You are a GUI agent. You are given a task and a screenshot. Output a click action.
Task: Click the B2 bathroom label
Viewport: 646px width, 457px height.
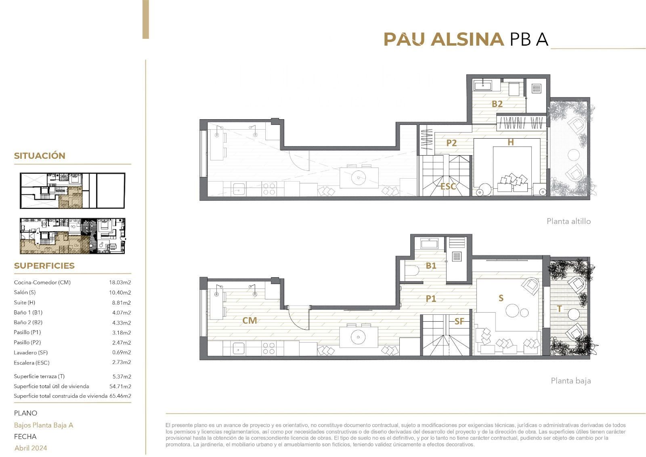(x=497, y=104)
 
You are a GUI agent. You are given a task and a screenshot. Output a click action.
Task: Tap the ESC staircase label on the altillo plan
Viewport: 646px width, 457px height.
(x=448, y=187)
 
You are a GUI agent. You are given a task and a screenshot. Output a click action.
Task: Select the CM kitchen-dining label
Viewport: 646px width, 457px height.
(x=250, y=320)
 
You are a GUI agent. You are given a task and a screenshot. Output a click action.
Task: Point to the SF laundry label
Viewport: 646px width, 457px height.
(x=459, y=321)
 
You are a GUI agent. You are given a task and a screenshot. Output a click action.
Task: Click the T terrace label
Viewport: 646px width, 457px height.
(x=560, y=309)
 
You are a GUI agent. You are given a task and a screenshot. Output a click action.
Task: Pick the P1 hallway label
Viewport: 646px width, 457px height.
(x=431, y=299)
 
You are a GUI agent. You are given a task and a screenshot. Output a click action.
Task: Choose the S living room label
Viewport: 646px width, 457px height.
(x=501, y=298)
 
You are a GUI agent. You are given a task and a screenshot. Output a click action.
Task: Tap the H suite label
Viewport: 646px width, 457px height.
(x=511, y=142)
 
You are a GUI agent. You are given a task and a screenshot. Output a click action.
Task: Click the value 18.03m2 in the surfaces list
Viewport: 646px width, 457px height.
(x=120, y=282)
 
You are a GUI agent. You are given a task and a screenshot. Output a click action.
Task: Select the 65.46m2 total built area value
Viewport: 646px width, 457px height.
(x=120, y=396)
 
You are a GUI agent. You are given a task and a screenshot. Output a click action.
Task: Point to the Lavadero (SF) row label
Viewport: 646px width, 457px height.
(x=31, y=352)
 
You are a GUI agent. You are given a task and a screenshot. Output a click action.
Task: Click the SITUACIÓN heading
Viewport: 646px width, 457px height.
(x=40, y=156)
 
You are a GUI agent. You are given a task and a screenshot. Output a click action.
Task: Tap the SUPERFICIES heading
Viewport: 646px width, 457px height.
(x=44, y=265)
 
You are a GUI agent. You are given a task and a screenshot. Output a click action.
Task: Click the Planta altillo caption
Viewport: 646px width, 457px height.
(x=569, y=221)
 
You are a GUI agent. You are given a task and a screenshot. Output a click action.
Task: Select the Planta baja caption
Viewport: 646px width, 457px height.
(x=571, y=381)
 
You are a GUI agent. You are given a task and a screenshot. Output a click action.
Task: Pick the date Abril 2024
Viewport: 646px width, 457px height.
(x=31, y=448)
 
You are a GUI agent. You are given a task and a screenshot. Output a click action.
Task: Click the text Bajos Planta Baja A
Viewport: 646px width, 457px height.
(x=44, y=425)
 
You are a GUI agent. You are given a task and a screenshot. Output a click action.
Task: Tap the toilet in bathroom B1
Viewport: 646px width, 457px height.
(x=411, y=270)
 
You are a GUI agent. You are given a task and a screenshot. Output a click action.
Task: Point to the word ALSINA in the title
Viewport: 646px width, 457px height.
(x=467, y=39)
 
